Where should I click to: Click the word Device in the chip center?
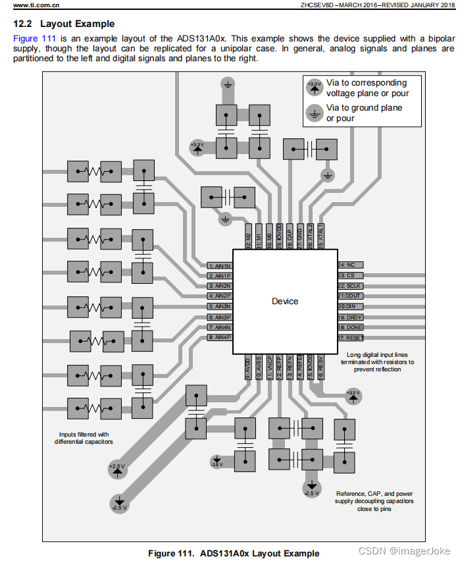click(284, 301)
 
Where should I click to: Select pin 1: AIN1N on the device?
click(219, 265)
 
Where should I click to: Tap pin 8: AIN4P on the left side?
click(219, 337)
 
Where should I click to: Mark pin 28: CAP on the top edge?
click(289, 237)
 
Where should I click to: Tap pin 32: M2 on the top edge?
click(248, 237)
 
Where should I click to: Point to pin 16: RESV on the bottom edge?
click(320, 366)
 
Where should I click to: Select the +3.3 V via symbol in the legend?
click(315, 86)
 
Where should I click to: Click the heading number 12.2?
click(23, 24)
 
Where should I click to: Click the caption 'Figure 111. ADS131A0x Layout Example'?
click(234, 552)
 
